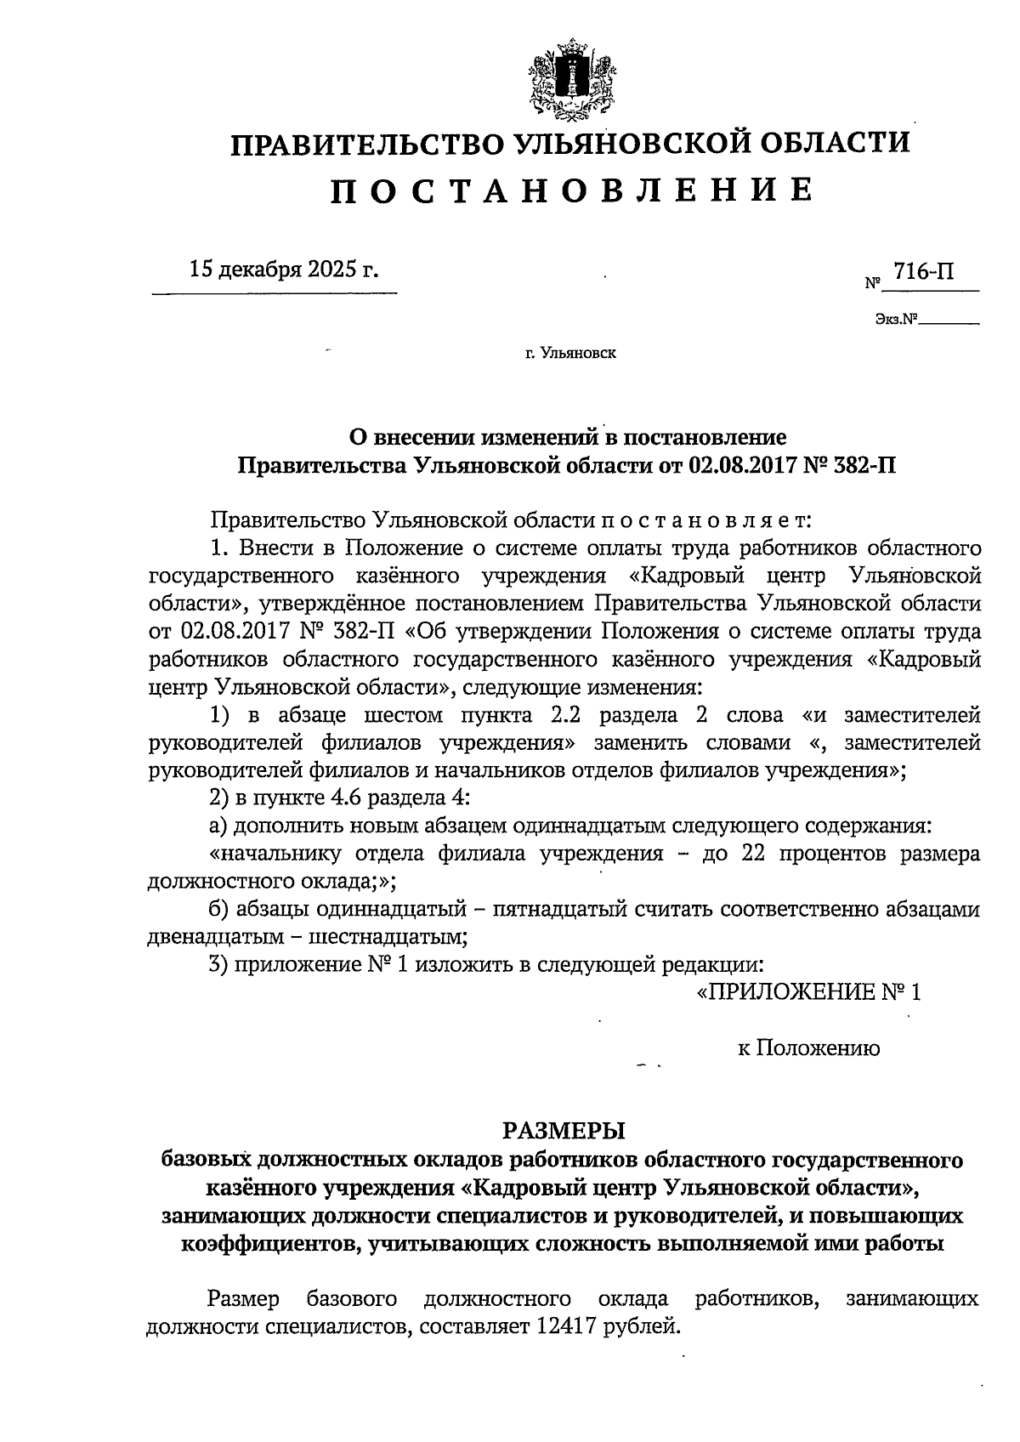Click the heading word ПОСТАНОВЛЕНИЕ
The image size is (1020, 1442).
[571, 190]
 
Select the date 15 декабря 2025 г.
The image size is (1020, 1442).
[284, 270]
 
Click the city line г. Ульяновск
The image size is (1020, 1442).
[570, 354]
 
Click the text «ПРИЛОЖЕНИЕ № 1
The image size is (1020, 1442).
[807, 992]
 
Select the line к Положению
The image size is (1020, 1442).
[807, 1047]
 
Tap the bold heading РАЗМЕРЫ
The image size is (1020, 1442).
[564, 1130]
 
